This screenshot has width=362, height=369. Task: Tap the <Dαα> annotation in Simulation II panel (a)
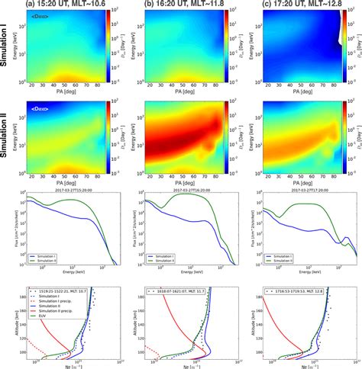[37, 108]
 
